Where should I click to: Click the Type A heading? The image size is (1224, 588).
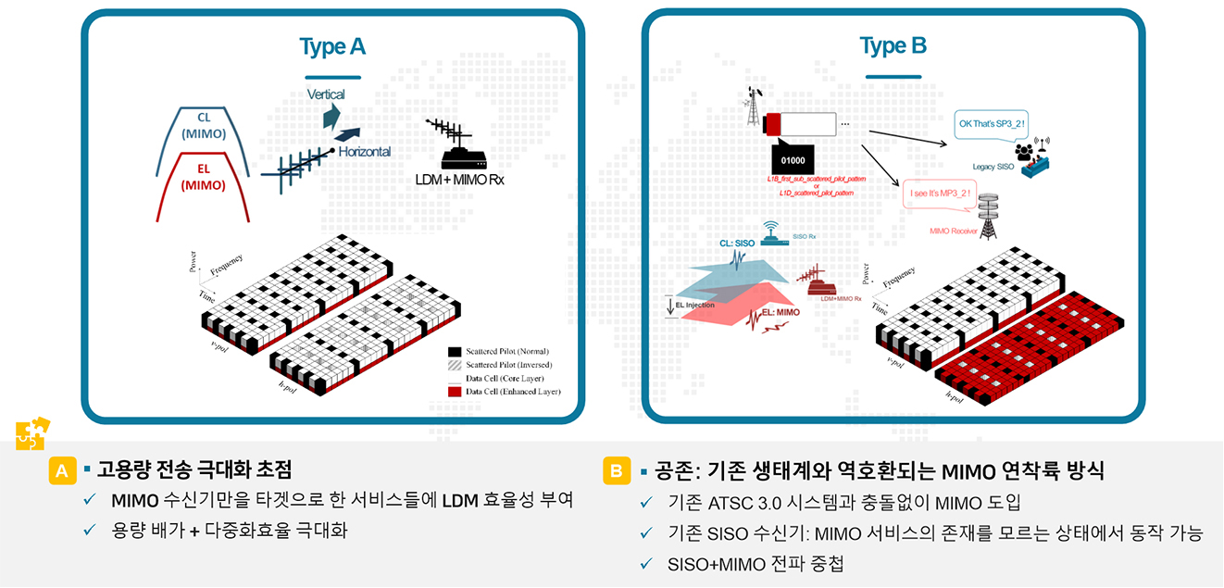332,46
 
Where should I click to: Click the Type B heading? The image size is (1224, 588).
893,45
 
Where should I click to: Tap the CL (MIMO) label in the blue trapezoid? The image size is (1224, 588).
204,125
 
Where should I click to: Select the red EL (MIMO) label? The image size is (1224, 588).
204,177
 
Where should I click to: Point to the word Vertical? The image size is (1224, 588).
325,94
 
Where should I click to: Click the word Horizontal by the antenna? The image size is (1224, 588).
364,151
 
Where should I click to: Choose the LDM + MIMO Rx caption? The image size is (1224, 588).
459,178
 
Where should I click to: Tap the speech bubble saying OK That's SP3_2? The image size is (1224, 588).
991,123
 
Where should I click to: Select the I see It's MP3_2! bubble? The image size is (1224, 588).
940,193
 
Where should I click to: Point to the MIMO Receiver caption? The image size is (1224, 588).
954,231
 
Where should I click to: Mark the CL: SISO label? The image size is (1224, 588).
738,243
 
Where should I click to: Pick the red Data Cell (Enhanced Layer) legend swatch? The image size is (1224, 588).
455,392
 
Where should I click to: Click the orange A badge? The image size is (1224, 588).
62,470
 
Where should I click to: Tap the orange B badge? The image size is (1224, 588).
616,470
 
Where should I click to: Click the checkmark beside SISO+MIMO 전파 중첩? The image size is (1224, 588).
645,563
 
